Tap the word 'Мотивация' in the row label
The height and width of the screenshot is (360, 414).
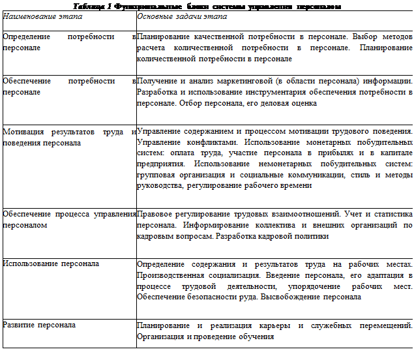click(23, 132)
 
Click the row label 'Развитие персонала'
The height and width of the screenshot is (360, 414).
click(39, 324)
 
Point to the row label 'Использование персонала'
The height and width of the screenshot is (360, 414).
click(51, 263)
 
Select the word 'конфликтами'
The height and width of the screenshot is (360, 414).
click(198, 141)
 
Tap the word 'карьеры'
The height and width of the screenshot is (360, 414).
click(273, 325)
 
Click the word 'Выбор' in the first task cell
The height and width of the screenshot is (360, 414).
click(343, 37)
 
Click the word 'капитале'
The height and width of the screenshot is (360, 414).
click(394, 153)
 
